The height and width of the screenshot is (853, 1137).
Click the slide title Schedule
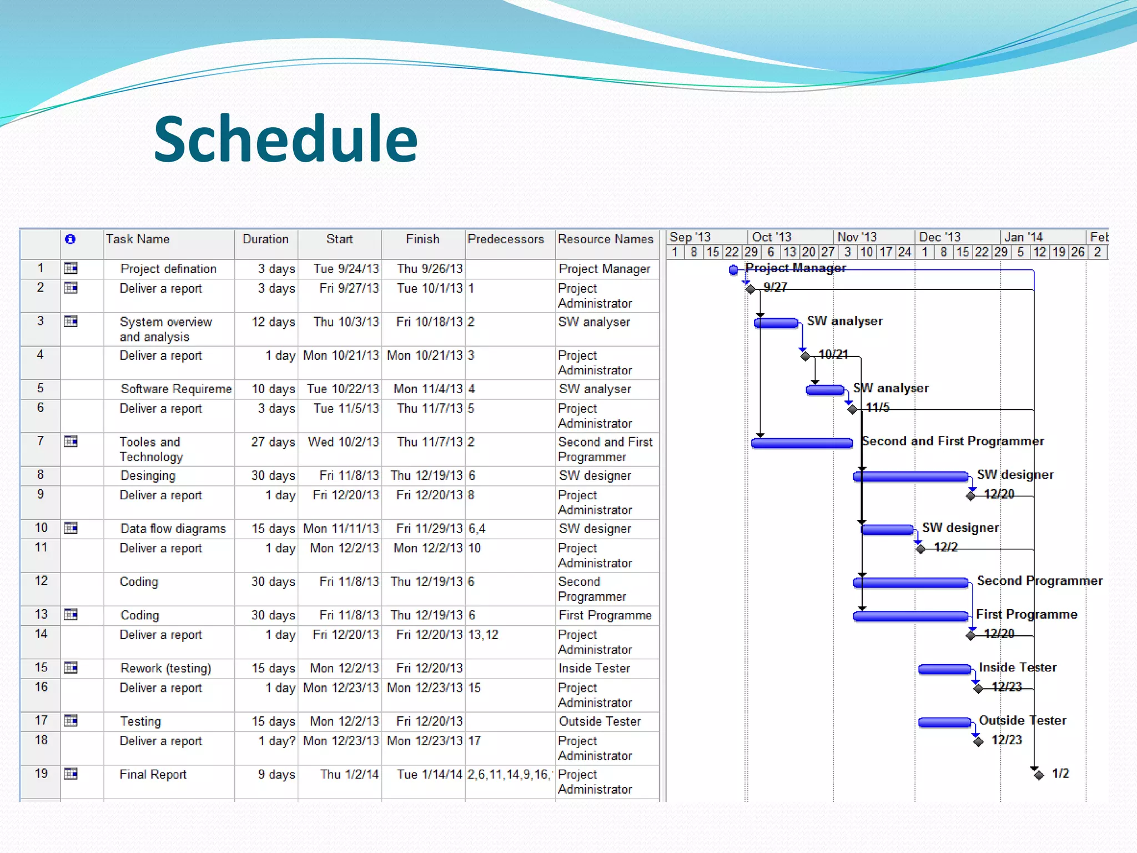point(285,139)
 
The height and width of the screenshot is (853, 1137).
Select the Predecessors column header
point(505,239)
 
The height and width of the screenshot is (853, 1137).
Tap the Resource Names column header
point(605,239)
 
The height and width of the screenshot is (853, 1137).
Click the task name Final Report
point(153,775)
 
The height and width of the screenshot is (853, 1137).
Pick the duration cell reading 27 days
point(273,442)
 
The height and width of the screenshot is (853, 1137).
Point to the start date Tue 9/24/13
point(346,269)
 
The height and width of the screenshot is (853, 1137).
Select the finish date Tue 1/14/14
point(429,775)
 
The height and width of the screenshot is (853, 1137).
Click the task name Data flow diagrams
point(173,529)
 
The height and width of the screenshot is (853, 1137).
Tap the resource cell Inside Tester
point(594,669)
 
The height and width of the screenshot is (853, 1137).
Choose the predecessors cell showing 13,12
point(484,635)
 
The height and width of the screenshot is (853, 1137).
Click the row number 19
point(41,774)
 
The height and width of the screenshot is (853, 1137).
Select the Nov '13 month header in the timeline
point(857,237)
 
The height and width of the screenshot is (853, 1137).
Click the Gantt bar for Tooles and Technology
point(801,443)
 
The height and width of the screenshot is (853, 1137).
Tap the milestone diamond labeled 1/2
point(1039,775)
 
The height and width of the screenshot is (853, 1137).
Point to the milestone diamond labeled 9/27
point(751,289)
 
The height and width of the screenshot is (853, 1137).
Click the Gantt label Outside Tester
point(1022,720)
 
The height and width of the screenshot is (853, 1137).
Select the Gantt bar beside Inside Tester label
point(944,670)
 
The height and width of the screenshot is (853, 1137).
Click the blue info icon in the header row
point(70,239)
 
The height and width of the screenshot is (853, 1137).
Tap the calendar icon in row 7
point(71,442)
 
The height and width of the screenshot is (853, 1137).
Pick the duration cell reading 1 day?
point(276,741)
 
